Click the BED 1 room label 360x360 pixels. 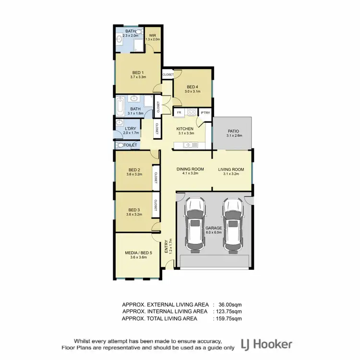pos(138,72)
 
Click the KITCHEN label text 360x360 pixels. pos(185,129)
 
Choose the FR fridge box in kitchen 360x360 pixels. pos(179,113)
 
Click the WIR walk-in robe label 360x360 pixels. pos(153,36)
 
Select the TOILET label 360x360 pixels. pos(131,145)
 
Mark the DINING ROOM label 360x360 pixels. pos(191,169)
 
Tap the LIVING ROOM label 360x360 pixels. pos(231,169)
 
